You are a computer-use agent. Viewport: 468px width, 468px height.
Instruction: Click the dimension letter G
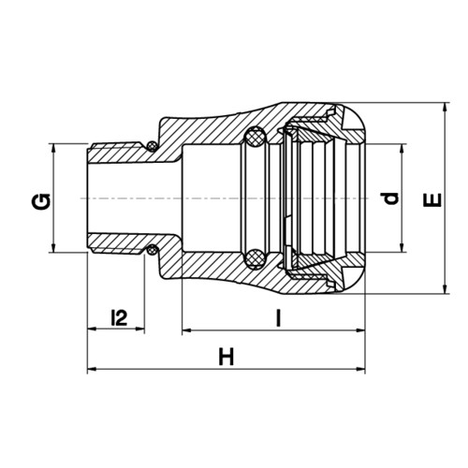(40, 201)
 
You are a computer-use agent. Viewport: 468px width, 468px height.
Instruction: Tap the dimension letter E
(432, 200)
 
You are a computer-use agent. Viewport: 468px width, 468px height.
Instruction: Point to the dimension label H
(227, 357)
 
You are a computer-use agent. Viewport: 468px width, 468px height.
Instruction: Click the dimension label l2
(120, 317)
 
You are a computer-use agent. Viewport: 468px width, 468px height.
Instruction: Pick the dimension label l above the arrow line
(279, 318)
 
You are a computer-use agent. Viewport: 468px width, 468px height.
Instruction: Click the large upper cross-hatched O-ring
(255, 137)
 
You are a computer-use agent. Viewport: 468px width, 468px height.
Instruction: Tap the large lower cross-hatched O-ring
(255, 258)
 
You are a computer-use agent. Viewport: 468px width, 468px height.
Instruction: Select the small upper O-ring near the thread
(152, 146)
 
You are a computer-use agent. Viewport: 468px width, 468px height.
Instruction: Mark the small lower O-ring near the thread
(152, 250)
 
